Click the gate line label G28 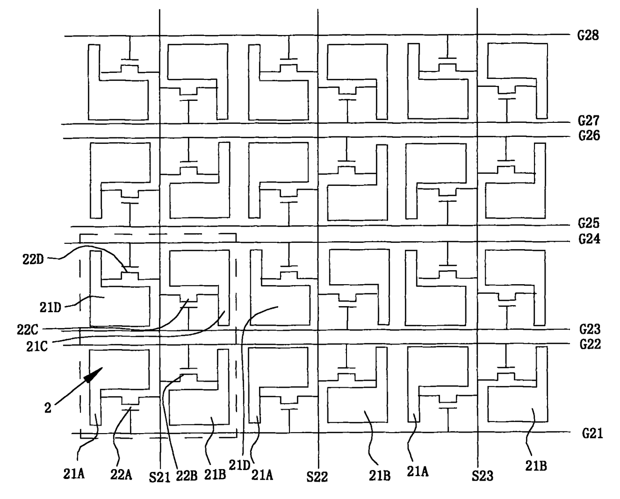[x=587, y=35]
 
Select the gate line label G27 [x=588, y=120]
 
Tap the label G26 [x=589, y=135]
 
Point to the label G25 [x=588, y=223]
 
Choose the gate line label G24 [x=589, y=239]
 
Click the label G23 [x=589, y=329]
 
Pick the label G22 [x=590, y=344]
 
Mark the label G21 [x=592, y=434]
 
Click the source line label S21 [x=159, y=477]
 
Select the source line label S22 [x=317, y=477]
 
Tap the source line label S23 [x=482, y=476]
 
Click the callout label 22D [x=33, y=260]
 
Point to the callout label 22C [x=27, y=330]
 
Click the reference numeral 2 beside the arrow [x=48, y=408]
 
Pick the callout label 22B [x=186, y=476]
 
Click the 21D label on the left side [x=50, y=308]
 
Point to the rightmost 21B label [x=536, y=466]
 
